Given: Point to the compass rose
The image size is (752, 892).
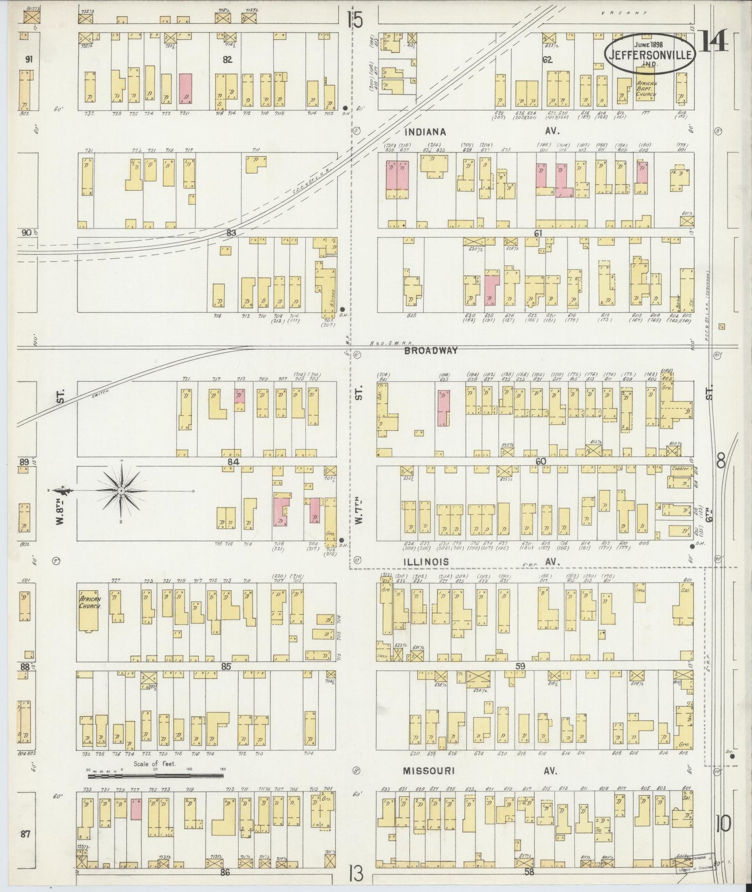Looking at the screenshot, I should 121,491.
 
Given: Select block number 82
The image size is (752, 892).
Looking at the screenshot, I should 227,59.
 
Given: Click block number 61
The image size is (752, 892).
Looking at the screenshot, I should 538,233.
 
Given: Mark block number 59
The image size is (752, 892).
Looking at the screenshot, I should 520,666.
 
